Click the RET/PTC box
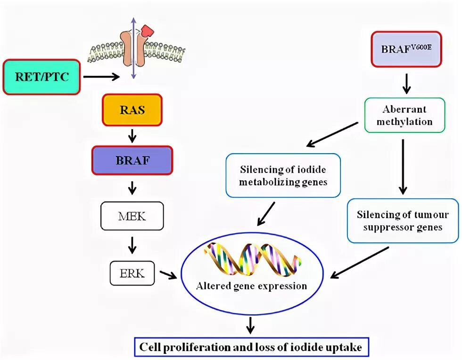pyautogui.click(x=41, y=77)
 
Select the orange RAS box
pyautogui.click(x=132, y=110)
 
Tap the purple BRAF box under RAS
pyautogui.click(x=132, y=160)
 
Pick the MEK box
pyautogui.click(x=132, y=216)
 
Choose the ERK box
pyautogui.click(x=132, y=272)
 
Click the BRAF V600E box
pyautogui.click(x=406, y=49)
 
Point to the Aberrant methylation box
pyautogui.click(x=404, y=115)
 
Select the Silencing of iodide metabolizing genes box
pyautogui.click(x=283, y=175)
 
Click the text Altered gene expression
pyautogui.click(x=252, y=286)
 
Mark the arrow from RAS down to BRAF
pyautogui.click(x=132, y=136)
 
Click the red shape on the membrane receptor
pyautogui.click(x=148, y=31)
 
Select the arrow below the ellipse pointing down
pyautogui.click(x=251, y=324)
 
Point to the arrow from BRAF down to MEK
pyautogui.click(x=132, y=188)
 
